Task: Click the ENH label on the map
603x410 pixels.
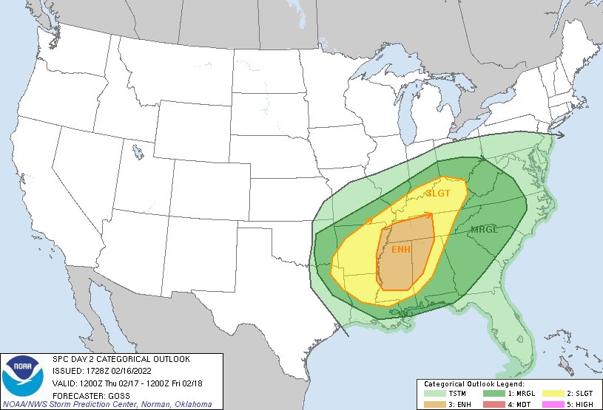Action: pos(400,249)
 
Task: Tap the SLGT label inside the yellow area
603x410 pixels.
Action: pos(437,194)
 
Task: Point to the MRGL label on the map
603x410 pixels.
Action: pos(485,230)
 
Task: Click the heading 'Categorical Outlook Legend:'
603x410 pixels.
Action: pos(474,384)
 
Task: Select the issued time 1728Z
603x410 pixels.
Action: pos(92,370)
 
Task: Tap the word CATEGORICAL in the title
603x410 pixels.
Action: pos(118,359)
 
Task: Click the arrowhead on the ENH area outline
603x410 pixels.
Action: pos(428,216)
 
